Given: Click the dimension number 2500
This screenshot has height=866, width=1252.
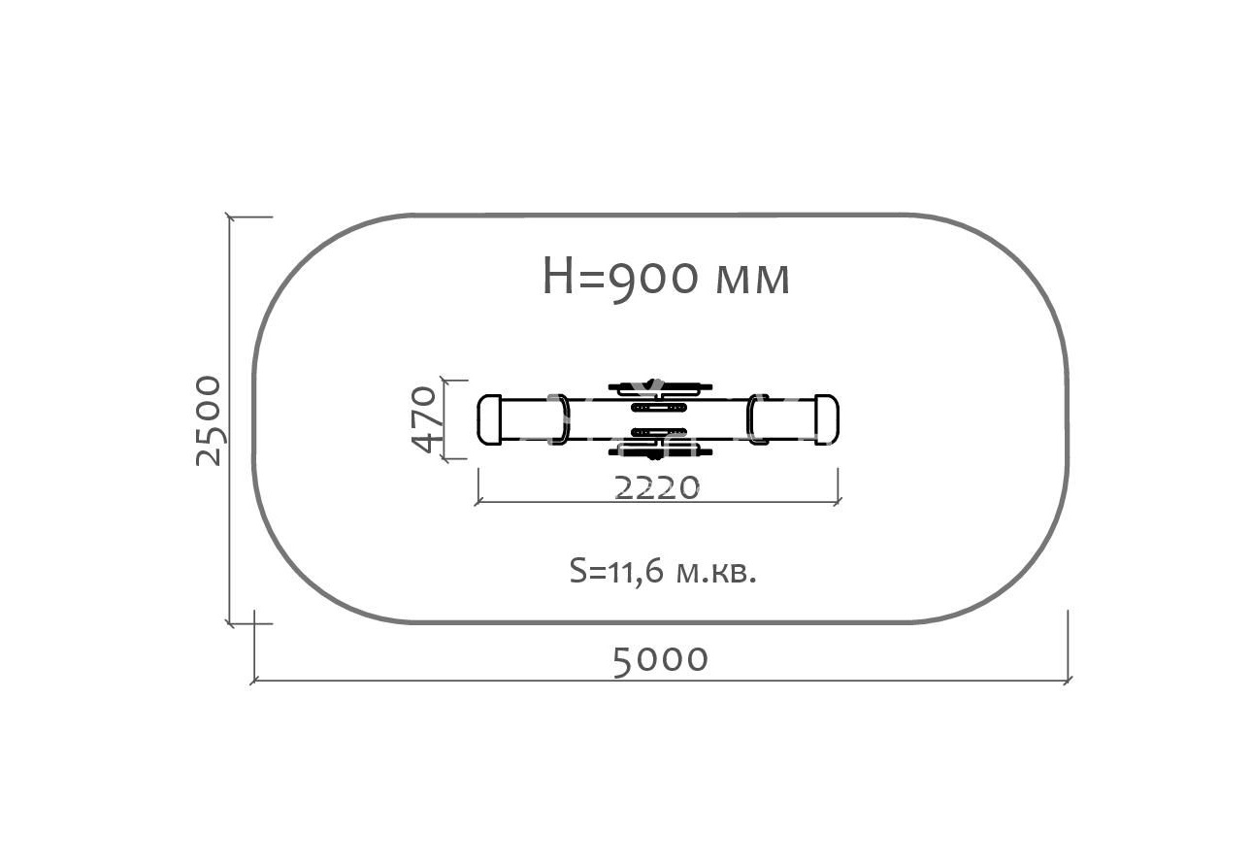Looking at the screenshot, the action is tap(209, 420).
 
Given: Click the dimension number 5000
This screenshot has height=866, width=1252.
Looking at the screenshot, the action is tap(660, 661).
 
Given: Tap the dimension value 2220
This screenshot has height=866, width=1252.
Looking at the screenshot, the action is tap(657, 487).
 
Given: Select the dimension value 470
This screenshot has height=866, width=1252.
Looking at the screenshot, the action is tap(422, 418).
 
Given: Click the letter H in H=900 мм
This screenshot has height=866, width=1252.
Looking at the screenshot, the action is tap(558, 276).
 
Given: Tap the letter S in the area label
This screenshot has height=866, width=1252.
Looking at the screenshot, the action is tap(577, 570).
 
